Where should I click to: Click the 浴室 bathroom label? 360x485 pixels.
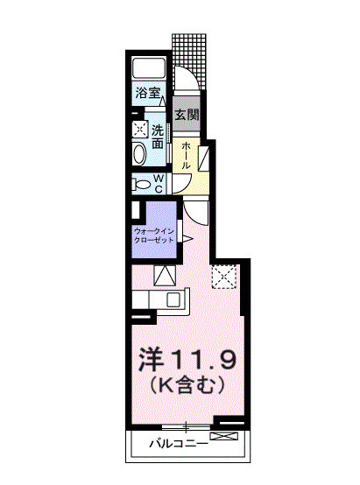click(146, 91)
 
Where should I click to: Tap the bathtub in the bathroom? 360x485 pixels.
click(149, 69)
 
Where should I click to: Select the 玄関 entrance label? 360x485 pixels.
click(186, 115)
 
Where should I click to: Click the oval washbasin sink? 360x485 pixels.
click(139, 155)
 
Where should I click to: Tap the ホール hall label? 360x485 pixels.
click(187, 155)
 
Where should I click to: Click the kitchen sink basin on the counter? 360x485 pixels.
click(172, 299)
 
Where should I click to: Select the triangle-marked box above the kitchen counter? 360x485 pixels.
click(164, 276)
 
